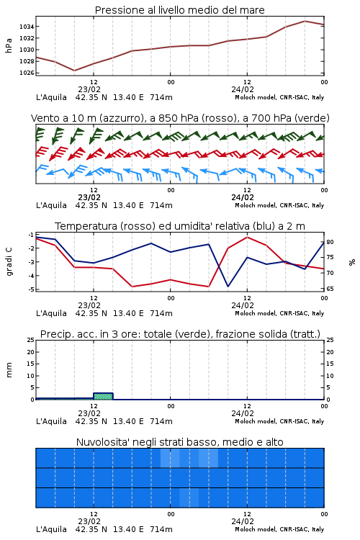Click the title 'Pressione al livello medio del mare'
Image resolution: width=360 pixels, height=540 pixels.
click(x=179, y=10)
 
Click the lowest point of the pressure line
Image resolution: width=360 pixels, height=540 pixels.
click(x=74, y=71)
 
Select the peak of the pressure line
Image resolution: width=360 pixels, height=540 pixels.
click(x=305, y=21)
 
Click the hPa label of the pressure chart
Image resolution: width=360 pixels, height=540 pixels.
click(x=9, y=45)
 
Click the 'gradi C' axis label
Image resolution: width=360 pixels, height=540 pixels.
click(x=9, y=261)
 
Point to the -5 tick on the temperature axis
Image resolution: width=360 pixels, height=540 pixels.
click(x=31, y=289)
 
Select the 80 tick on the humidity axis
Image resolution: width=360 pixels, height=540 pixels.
click(x=330, y=242)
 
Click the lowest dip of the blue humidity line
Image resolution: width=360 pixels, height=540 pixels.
click(x=228, y=286)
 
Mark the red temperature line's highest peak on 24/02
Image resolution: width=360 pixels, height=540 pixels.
click(x=247, y=237)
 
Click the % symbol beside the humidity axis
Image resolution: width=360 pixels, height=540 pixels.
click(x=352, y=262)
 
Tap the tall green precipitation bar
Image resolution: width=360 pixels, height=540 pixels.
click(x=103, y=396)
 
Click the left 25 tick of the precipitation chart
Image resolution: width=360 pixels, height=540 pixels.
click(x=31, y=340)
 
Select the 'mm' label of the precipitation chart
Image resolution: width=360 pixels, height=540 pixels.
click(x=9, y=370)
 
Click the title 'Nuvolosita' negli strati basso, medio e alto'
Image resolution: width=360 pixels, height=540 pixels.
click(x=179, y=442)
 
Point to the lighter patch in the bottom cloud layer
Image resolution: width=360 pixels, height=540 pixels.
click(x=189, y=498)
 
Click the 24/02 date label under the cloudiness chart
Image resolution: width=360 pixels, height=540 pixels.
click(x=243, y=521)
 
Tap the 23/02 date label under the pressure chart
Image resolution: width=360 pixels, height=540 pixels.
click(x=89, y=89)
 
